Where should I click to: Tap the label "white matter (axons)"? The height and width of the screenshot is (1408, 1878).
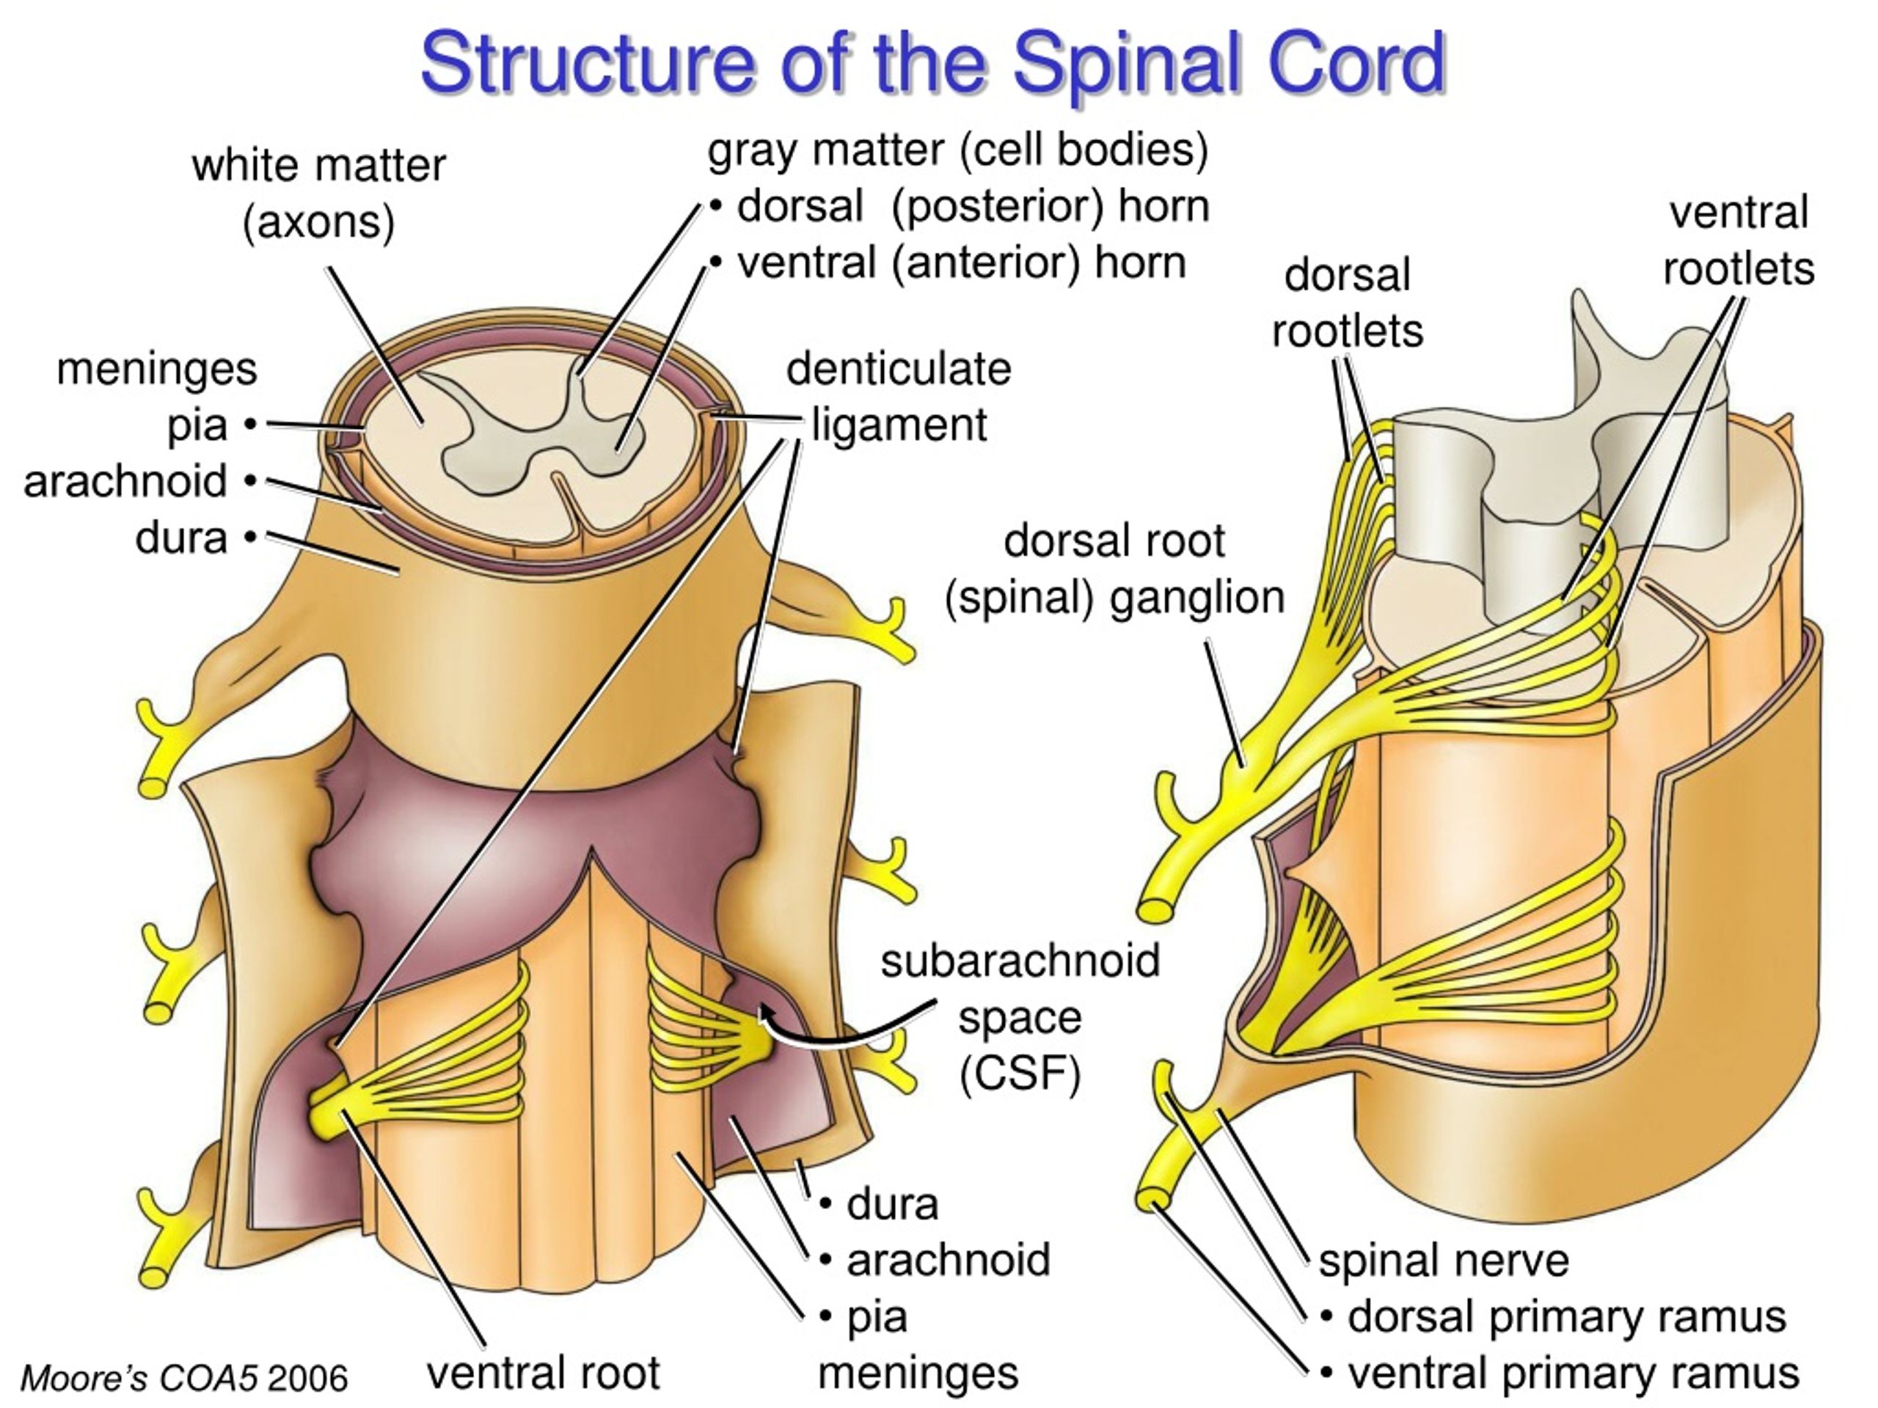318,194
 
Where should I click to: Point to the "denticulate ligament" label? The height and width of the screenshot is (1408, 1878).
899,397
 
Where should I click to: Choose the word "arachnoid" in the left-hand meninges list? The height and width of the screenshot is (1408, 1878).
125,481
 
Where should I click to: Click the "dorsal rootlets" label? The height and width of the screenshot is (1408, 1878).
1348,303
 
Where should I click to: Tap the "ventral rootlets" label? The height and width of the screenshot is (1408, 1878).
1739,241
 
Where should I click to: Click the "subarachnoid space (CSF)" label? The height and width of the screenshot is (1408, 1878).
1020,1018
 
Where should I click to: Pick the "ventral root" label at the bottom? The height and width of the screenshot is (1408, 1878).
544,1372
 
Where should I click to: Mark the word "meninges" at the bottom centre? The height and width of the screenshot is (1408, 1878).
918,1374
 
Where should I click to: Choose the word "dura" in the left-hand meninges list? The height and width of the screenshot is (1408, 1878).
181,538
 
